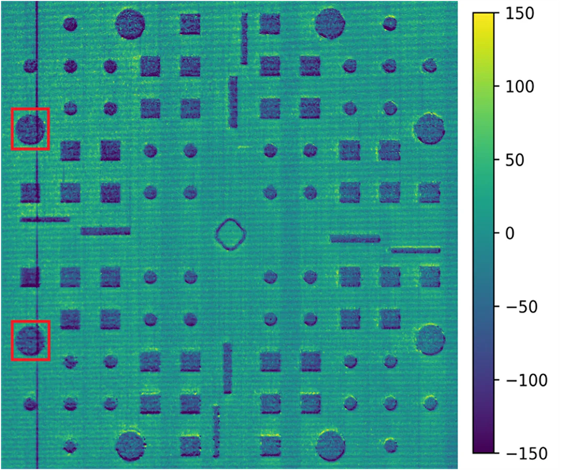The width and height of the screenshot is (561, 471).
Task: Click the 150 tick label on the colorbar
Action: pyautogui.click(x=520, y=13)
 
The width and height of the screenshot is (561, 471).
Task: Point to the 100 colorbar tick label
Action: pyautogui.click(x=520, y=86)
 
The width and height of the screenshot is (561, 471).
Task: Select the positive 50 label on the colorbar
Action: pyautogui.click(x=517, y=160)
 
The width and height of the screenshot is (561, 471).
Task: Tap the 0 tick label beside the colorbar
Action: pyautogui.click(x=509, y=233)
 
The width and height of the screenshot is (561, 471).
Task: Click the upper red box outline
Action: pyautogui.click(x=30, y=109)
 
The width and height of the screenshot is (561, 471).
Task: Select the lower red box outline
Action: pyautogui.click(x=30, y=321)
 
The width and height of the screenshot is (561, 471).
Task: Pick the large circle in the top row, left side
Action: pyautogui.click(x=131, y=24)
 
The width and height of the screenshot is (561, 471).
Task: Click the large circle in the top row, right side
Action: pyautogui.click(x=330, y=24)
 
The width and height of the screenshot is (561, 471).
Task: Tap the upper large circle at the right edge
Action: pyautogui.click(x=429, y=129)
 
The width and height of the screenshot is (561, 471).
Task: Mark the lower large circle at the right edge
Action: pyautogui.click(x=429, y=339)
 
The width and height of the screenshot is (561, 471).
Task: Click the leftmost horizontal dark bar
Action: pyautogui.click(x=45, y=219)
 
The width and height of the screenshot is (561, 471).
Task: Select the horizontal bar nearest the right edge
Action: pyautogui.click(x=416, y=250)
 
